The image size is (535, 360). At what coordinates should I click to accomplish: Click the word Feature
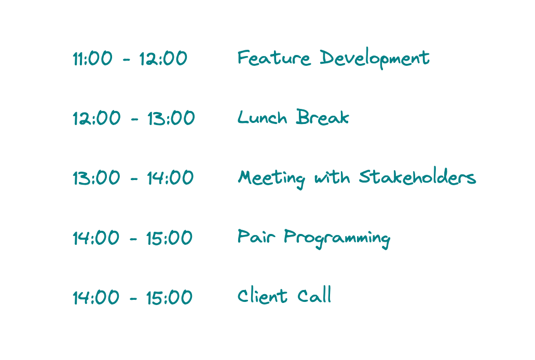[274, 58]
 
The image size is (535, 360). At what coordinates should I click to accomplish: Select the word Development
[375, 59]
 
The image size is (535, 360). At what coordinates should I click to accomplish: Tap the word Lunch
[262, 117]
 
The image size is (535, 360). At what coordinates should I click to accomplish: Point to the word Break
[322, 117]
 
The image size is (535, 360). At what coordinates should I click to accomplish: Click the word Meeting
[271, 178]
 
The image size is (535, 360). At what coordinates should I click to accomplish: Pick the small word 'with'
[332, 177]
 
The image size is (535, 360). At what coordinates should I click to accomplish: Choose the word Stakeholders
[417, 177]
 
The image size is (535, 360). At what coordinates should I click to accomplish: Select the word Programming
[337, 238]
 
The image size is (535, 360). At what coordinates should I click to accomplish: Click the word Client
[263, 295]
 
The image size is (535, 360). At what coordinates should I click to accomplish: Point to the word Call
[314, 295]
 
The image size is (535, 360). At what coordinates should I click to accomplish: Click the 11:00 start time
[92, 58]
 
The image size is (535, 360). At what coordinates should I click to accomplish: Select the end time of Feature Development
[163, 58]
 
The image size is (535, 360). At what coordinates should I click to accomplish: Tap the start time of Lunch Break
[97, 118]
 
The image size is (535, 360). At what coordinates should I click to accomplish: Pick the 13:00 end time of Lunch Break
[171, 118]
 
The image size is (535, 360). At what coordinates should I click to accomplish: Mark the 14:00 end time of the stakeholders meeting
[170, 178]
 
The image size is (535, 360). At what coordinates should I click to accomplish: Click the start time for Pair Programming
[96, 238]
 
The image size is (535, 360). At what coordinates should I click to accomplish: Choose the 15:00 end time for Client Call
[169, 297]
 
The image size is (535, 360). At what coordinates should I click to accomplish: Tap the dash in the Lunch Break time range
[134, 119]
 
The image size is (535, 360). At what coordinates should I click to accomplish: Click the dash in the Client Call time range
[133, 299]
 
